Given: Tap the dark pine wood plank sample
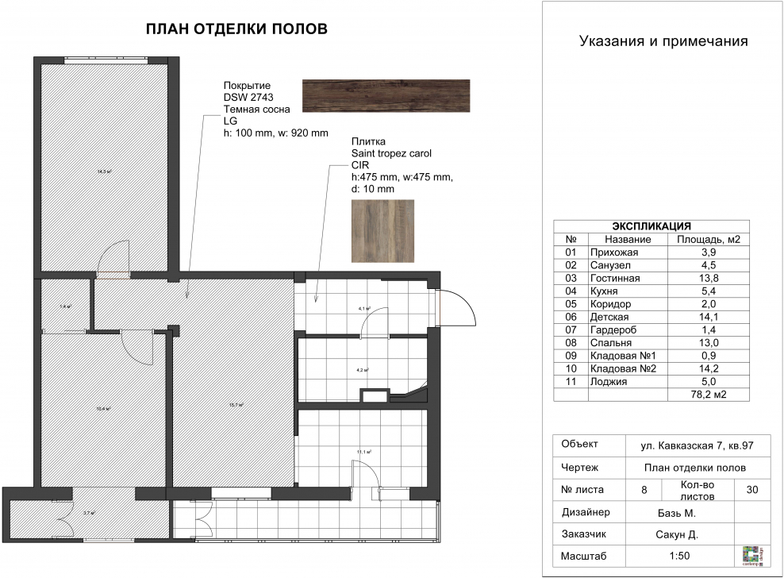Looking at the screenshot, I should pyautogui.click(x=386, y=96).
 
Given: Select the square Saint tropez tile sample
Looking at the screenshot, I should pyautogui.click(x=382, y=230).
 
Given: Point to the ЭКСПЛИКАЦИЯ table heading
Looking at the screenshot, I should pyautogui.click(x=653, y=225).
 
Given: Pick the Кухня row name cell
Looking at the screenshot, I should pyautogui.click(x=604, y=291).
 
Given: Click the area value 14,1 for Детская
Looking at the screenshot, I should pyautogui.click(x=709, y=318).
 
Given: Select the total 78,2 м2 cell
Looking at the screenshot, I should pyautogui.click(x=709, y=394).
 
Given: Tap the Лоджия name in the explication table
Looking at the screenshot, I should pyautogui.click(x=608, y=381).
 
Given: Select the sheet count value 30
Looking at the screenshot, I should pyautogui.click(x=751, y=490).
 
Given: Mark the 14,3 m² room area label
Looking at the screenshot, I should pyautogui.click(x=103, y=171).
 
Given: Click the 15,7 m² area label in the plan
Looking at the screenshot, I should pyautogui.click(x=236, y=404).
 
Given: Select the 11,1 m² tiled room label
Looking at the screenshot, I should pyautogui.click(x=363, y=452).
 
